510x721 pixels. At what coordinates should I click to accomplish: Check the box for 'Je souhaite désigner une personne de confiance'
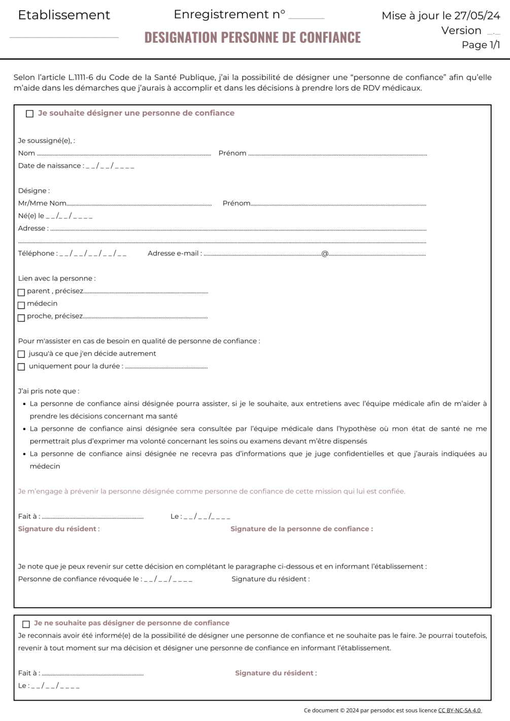tap(29, 114)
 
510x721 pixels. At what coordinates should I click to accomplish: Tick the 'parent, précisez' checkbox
tap(21, 292)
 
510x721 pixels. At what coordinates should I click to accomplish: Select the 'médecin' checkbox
tap(21, 305)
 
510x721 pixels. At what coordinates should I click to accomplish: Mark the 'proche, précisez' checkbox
tap(21, 317)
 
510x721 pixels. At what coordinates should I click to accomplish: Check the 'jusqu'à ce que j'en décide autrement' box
tap(21, 354)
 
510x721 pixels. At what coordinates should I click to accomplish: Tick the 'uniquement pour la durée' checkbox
tap(21, 367)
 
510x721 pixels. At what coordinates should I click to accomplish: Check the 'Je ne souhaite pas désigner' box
tap(26, 624)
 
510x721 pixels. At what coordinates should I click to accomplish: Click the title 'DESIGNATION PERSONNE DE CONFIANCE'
tap(253, 38)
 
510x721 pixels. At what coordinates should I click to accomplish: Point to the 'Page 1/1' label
tap(481, 45)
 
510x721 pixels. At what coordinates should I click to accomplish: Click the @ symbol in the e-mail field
tap(325, 254)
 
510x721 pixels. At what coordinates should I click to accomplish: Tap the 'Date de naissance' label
tap(50, 166)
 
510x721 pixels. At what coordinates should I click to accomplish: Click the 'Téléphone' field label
tap(37, 254)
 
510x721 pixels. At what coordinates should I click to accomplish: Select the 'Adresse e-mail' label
tap(174, 254)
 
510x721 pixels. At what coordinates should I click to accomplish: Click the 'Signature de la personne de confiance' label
tap(301, 529)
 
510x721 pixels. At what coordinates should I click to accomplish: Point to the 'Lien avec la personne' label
tap(56, 278)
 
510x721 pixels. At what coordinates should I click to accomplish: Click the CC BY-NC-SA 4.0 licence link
tap(459, 710)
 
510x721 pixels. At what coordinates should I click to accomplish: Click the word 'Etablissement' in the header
tap(64, 15)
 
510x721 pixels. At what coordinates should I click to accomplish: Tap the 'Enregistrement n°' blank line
tap(306, 17)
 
